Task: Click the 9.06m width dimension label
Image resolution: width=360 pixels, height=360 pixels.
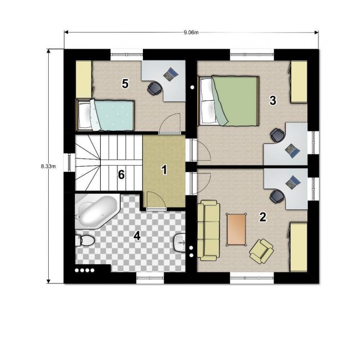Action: (191, 32)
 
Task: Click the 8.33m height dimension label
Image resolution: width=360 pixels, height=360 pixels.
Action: (48, 166)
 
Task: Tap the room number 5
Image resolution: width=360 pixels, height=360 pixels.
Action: (125, 84)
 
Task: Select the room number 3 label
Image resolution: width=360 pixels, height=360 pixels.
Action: (272, 101)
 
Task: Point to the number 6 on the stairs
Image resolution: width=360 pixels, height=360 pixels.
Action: (121, 174)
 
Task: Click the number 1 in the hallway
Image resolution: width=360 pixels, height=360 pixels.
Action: (164, 170)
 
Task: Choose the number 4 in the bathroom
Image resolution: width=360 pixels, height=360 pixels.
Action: (137, 236)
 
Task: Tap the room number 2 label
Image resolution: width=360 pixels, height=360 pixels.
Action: (263, 217)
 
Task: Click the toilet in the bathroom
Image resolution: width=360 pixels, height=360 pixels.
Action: (85, 240)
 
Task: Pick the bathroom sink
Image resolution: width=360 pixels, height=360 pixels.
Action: (180, 243)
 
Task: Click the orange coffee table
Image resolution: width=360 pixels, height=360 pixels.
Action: (236, 230)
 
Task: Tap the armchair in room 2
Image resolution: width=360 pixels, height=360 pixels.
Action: (261, 251)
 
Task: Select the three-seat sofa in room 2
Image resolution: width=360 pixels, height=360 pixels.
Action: (208, 230)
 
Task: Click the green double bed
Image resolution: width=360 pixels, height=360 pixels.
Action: (229, 101)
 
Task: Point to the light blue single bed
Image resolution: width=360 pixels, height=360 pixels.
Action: (105, 115)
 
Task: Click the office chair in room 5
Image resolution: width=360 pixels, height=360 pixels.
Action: (154, 88)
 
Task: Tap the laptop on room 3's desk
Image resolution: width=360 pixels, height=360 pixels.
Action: (292, 151)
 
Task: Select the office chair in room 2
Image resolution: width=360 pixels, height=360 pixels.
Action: (277, 197)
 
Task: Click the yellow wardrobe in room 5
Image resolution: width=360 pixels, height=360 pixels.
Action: (84, 79)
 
